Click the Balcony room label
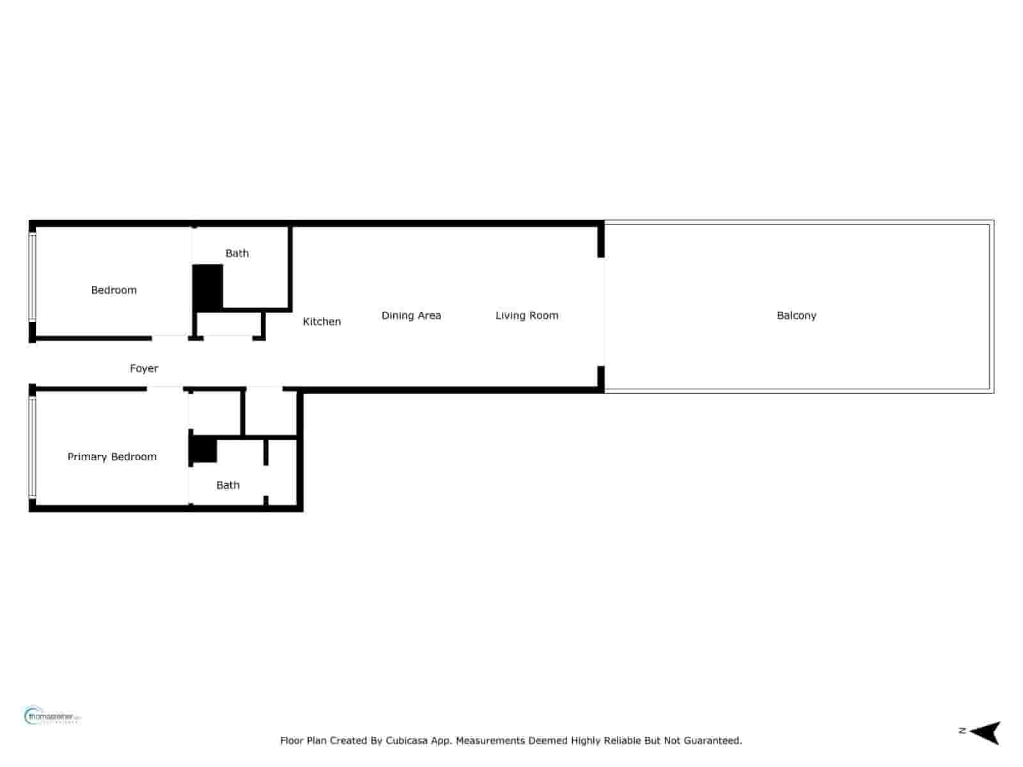(796, 315)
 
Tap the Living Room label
(527, 315)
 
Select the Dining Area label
(411, 315)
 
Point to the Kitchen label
(322, 322)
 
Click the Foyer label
(144, 368)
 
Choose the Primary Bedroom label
(112, 456)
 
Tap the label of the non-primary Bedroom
(114, 290)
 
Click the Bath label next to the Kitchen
(237, 253)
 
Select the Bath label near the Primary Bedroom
(228, 485)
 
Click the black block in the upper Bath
(208, 288)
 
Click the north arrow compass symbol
(986, 732)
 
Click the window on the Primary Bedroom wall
(32, 447)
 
